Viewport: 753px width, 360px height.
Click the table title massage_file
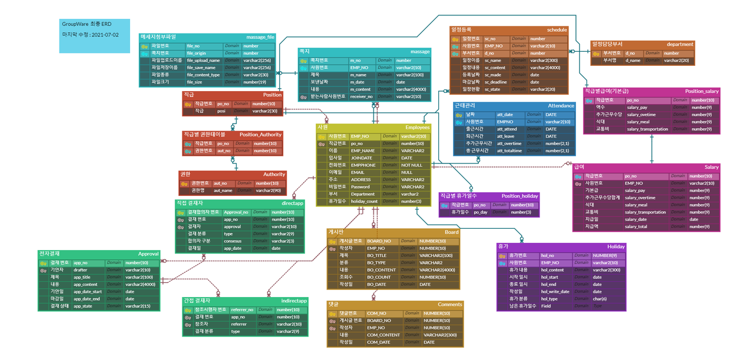[x=260, y=37]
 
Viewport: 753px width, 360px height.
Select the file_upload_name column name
[x=203, y=60]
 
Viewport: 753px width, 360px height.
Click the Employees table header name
[x=417, y=127]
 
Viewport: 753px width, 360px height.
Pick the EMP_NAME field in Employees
[x=362, y=151]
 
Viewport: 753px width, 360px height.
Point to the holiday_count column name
[x=364, y=201]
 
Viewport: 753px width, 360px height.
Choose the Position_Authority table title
[x=261, y=135]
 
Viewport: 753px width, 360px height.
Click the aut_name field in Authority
[x=223, y=191]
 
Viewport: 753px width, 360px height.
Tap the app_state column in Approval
[x=83, y=306]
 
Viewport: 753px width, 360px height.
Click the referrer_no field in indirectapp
[x=242, y=309]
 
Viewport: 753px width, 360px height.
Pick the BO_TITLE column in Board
[x=376, y=255]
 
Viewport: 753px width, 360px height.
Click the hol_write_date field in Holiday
[x=555, y=291]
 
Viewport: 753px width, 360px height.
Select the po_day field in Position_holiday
[x=481, y=212]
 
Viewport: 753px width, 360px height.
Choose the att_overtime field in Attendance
[x=509, y=143]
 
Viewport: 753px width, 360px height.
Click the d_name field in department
[x=633, y=60]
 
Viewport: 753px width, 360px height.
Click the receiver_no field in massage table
[x=361, y=96]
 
